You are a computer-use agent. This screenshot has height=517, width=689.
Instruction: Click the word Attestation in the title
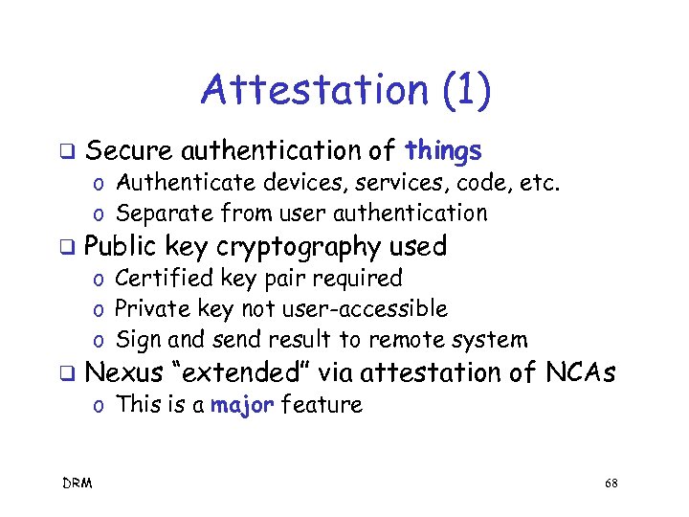[x=312, y=90]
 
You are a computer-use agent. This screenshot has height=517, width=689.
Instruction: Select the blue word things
[x=443, y=150]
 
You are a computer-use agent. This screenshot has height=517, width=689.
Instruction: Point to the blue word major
[x=242, y=405]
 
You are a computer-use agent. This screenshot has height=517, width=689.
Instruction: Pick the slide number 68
[x=611, y=483]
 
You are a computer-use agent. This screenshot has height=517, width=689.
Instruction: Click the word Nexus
[x=124, y=372]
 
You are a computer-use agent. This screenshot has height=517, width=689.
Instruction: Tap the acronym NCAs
[x=581, y=372]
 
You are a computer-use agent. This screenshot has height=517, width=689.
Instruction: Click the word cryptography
[x=299, y=246]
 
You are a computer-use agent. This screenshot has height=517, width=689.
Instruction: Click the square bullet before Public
[x=68, y=247]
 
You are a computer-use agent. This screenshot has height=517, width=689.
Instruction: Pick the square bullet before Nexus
[x=68, y=373]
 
